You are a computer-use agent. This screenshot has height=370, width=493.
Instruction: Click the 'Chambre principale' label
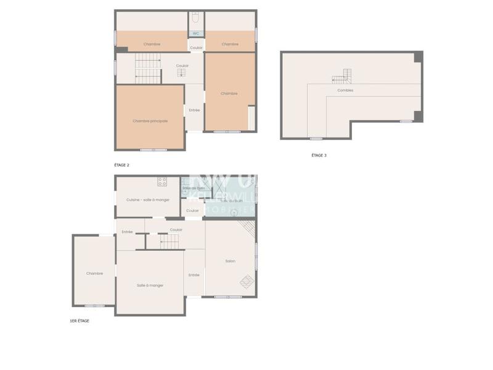point(150,121)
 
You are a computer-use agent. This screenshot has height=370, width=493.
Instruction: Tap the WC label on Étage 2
point(196,33)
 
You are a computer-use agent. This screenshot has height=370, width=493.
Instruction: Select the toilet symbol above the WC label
point(196,18)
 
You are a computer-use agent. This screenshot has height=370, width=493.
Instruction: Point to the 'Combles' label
point(345,90)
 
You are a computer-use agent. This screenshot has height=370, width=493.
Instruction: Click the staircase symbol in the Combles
point(341,76)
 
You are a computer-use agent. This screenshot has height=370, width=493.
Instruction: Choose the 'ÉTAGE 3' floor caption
point(319,155)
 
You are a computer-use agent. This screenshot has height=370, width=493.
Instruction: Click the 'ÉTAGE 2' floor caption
point(121,165)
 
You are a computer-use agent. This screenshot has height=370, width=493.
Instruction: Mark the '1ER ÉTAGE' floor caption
point(79,321)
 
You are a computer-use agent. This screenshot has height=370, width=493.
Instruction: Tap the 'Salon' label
point(230,261)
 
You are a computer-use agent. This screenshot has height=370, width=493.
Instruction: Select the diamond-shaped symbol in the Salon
point(246,281)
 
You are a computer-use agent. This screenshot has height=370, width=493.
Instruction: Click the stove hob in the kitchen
point(162,181)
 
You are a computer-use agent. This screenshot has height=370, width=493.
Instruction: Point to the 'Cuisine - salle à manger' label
point(147,200)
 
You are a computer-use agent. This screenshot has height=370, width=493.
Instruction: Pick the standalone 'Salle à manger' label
point(150,285)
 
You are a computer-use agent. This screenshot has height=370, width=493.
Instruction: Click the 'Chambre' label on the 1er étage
point(94,273)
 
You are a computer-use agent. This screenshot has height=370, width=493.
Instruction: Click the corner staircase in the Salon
point(247,229)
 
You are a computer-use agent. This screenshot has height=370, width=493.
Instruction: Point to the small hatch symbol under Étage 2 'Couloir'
point(182,72)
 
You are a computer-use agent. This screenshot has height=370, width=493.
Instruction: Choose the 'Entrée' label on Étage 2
point(194,110)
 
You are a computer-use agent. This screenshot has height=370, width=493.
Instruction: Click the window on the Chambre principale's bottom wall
point(153,150)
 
